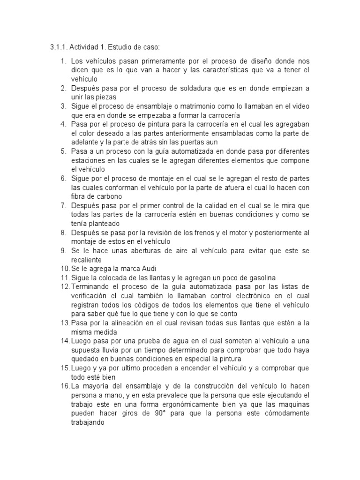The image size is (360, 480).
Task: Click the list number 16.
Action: point(65,386)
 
